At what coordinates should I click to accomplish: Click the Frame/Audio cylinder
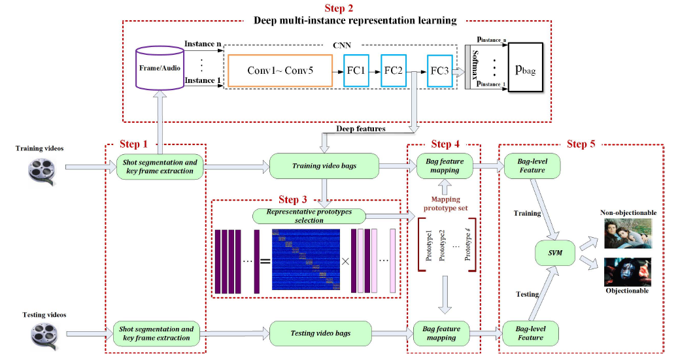point(160,67)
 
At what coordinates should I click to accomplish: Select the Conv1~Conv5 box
point(280,70)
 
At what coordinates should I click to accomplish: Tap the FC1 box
point(357,69)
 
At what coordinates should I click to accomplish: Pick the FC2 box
point(394,69)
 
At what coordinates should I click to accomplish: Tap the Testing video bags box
point(320,333)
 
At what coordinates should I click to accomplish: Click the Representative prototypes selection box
point(309,216)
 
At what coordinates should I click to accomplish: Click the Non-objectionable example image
point(627,233)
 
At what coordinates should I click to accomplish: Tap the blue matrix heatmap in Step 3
point(306,259)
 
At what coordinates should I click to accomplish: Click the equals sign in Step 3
point(265,261)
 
